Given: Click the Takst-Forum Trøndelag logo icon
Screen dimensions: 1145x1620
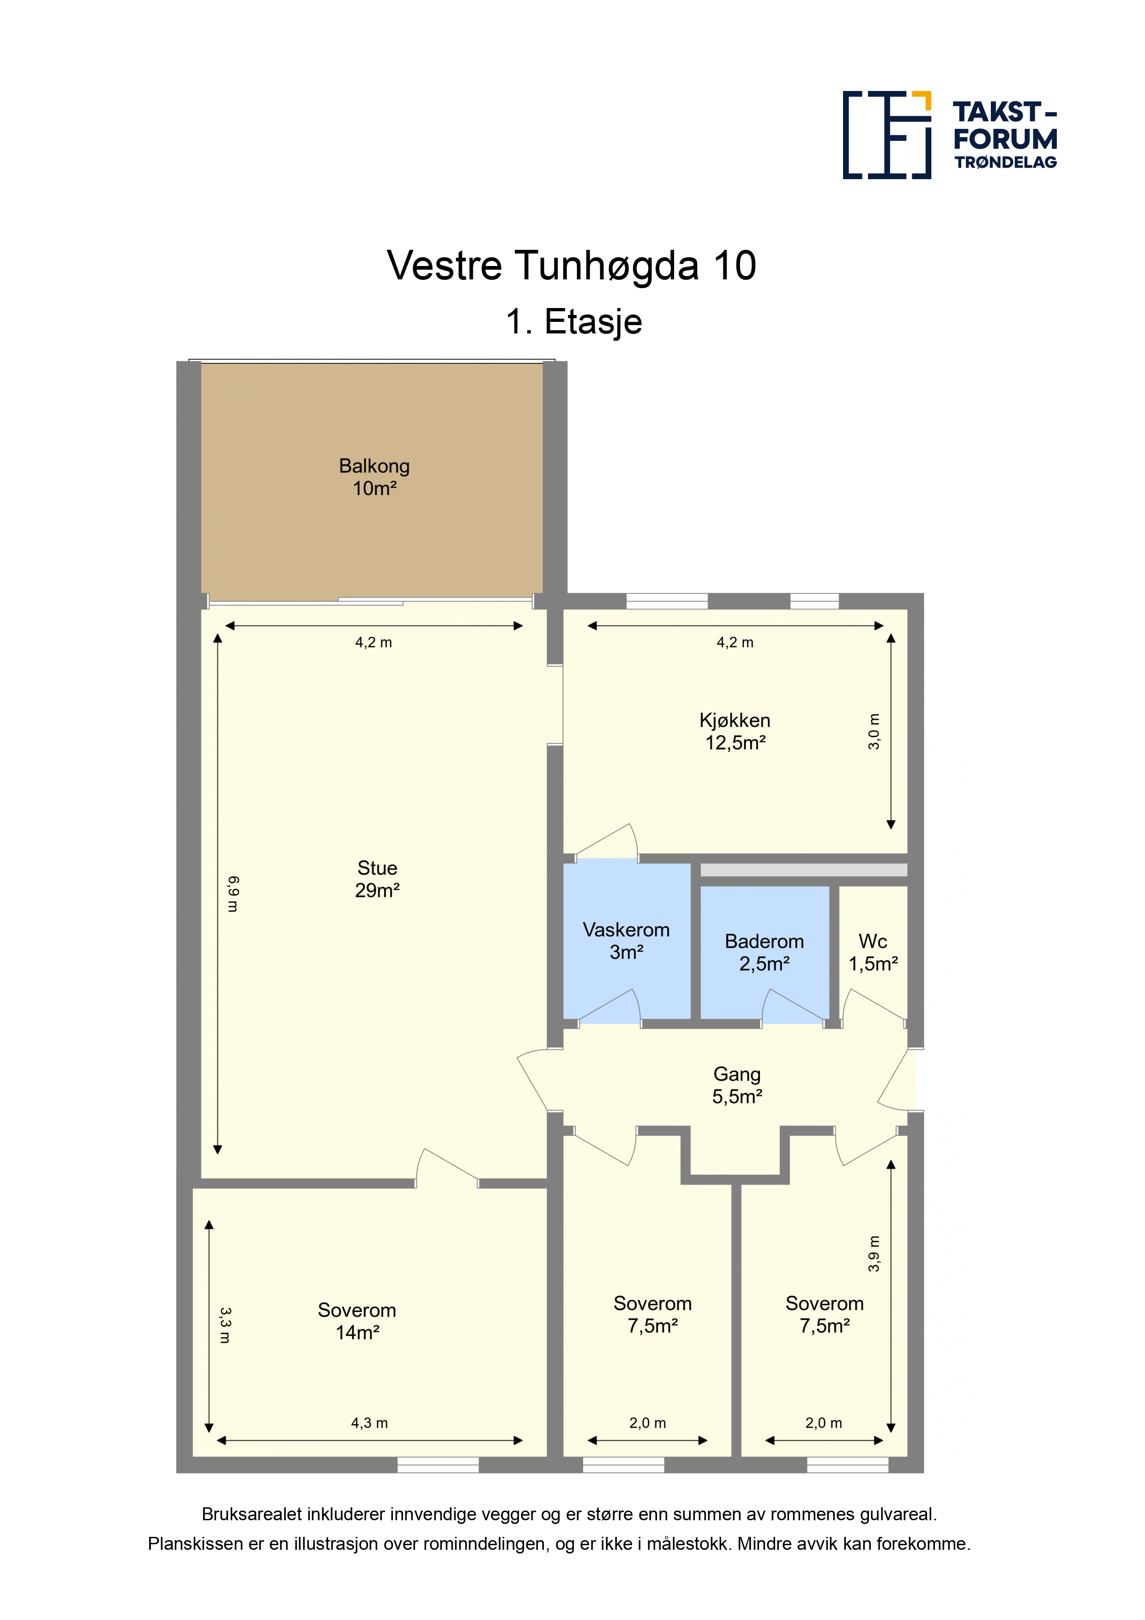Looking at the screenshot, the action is (x=887, y=135).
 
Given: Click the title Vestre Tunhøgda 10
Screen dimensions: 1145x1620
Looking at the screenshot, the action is (x=572, y=266).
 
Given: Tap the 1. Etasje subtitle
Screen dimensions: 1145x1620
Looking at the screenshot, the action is (x=573, y=322).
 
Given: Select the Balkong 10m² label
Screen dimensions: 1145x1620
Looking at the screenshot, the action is (x=374, y=477).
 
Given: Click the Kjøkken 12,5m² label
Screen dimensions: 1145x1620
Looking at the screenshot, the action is (x=735, y=731).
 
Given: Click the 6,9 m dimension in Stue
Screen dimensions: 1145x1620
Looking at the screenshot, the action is (x=233, y=894).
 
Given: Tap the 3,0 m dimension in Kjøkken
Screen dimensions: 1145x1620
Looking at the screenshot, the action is (x=874, y=731).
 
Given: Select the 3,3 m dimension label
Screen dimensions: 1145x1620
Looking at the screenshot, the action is (x=224, y=1326).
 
